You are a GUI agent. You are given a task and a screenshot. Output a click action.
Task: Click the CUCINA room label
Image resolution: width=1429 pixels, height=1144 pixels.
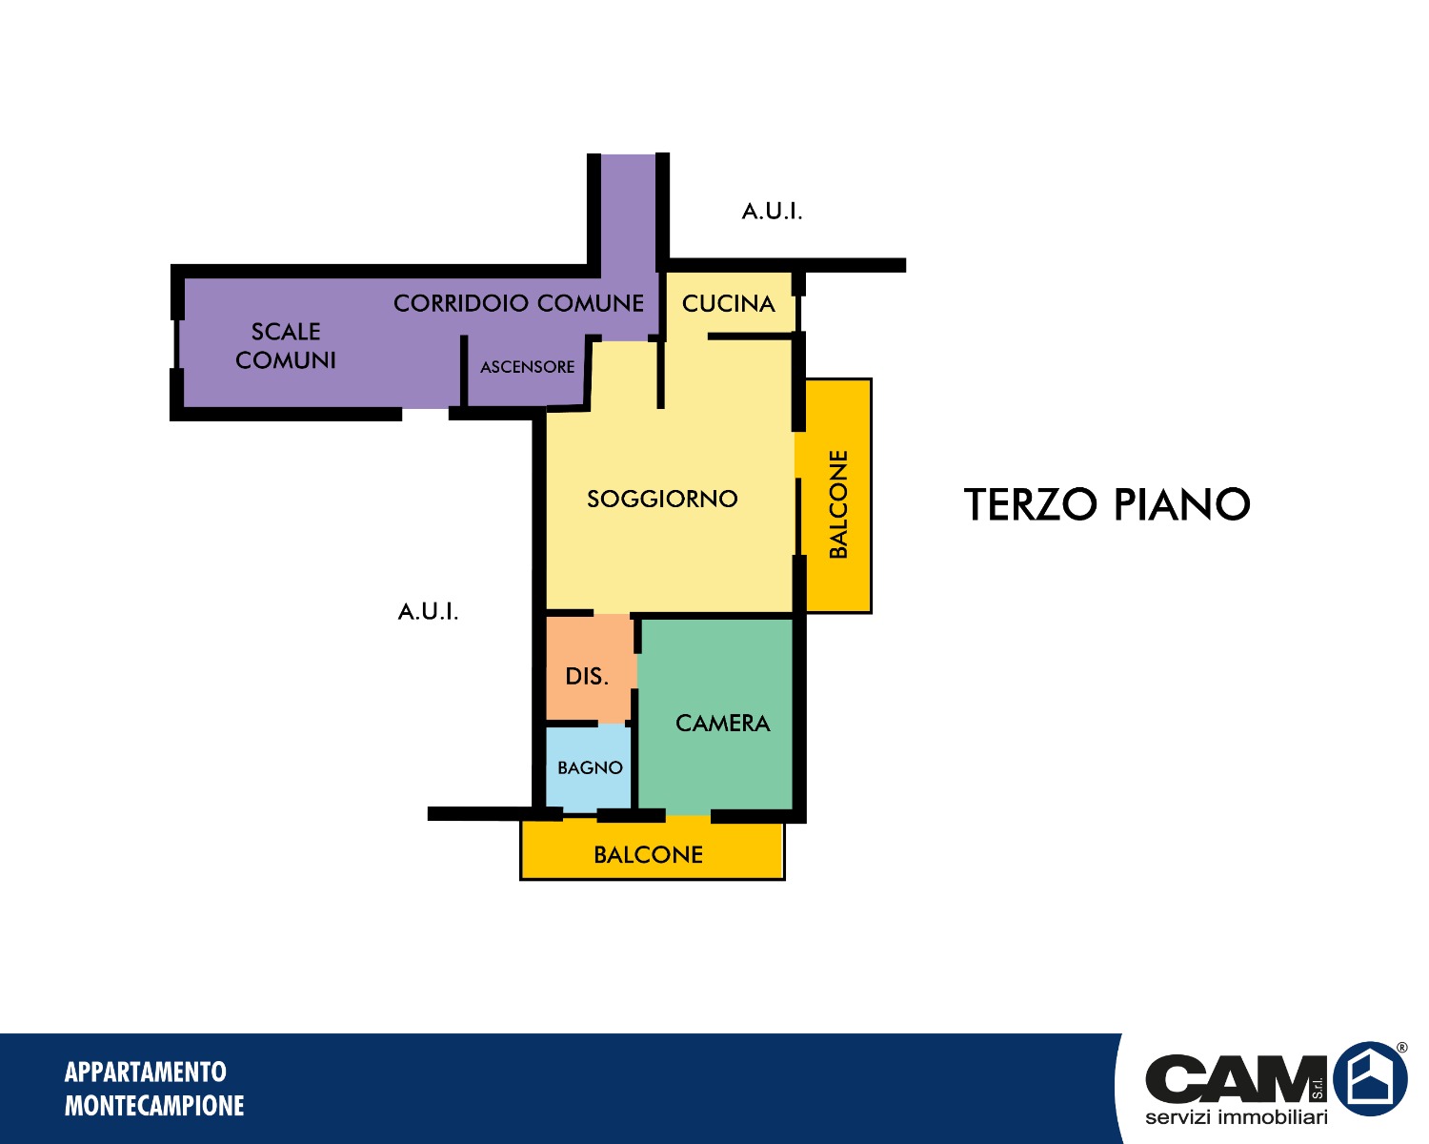click(x=729, y=304)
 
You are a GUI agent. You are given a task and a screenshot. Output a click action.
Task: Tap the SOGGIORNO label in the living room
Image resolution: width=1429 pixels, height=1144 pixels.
click(x=662, y=499)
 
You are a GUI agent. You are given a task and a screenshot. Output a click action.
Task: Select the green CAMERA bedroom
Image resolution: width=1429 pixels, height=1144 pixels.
click(x=715, y=716)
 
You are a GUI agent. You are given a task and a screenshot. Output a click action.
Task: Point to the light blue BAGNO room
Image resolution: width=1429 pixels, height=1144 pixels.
click(x=589, y=767)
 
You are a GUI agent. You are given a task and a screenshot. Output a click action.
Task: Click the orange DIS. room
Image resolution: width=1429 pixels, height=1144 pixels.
click(x=589, y=668)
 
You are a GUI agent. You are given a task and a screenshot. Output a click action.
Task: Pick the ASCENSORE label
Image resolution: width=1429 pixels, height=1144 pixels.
click(x=527, y=367)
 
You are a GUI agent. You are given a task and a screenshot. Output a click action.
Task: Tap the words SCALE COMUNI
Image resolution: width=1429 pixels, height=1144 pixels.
click(x=286, y=346)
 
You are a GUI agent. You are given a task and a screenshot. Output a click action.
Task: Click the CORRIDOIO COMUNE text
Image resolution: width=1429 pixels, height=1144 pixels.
click(x=518, y=303)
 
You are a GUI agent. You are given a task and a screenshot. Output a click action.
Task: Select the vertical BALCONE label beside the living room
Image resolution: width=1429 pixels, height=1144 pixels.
click(x=838, y=504)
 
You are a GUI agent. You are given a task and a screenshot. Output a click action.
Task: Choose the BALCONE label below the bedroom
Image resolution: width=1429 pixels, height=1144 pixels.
click(x=648, y=855)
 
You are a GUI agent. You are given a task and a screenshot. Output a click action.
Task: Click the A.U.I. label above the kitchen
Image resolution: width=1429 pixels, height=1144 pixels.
click(x=772, y=212)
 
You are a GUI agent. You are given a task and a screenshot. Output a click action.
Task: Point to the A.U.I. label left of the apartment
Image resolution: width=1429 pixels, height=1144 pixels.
click(x=428, y=611)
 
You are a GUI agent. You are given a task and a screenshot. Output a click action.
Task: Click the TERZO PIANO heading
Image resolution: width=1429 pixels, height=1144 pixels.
click(x=1107, y=504)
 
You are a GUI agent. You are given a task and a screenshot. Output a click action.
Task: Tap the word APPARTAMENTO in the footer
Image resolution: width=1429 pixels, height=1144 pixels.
click(x=146, y=1072)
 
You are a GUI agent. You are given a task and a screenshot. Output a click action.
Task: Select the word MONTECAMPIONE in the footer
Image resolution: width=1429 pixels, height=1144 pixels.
click(x=154, y=1106)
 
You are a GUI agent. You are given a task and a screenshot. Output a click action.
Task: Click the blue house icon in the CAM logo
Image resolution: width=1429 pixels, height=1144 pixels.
click(x=1370, y=1079)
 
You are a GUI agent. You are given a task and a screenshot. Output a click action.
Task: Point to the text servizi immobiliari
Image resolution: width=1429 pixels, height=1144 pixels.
click(x=1236, y=1117)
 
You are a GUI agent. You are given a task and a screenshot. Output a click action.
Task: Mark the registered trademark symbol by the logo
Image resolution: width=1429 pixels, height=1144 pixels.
click(x=1401, y=1048)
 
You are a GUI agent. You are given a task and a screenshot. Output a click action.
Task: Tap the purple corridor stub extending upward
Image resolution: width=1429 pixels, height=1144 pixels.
click(x=628, y=213)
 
